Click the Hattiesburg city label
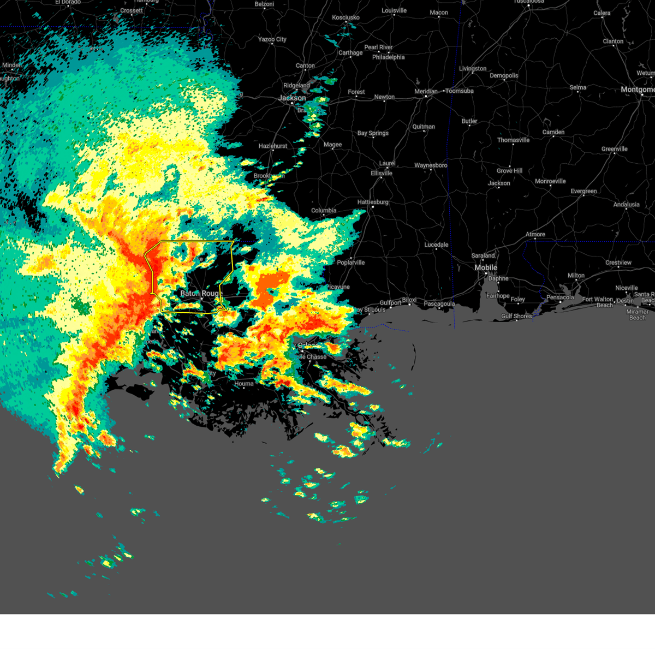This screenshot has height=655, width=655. pyautogui.click(x=373, y=202)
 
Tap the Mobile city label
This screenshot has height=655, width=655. pyautogui.click(x=486, y=267)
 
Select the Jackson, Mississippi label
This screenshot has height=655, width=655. pyautogui.click(x=292, y=98)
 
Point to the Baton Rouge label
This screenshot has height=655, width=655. pyautogui.click(x=201, y=293)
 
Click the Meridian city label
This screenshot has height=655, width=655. pyautogui.click(x=426, y=91)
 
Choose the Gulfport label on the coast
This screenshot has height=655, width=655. pyautogui.click(x=390, y=303)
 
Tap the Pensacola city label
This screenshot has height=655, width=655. pyautogui.click(x=560, y=297)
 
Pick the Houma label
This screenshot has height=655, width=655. pyautogui.click(x=244, y=384)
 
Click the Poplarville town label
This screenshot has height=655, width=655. pyautogui.click(x=350, y=263)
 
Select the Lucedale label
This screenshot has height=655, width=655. pyautogui.click(x=436, y=245)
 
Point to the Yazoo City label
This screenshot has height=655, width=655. pyautogui.click(x=272, y=39)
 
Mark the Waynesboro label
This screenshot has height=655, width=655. pyautogui.click(x=431, y=165)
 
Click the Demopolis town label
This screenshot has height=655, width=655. pyautogui.click(x=504, y=75)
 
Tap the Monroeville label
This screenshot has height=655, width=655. pyautogui.click(x=550, y=181)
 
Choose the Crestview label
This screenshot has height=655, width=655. pyautogui.click(x=618, y=263)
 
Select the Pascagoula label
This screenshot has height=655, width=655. pyautogui.click(x=439, y=304)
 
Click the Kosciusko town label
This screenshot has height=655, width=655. pyautogui.click(x=346, y=17)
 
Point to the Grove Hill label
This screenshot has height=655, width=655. pyautogui.click(x=509, y=171)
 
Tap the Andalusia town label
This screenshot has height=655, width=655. pyautogui.click(x=626, y=205)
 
